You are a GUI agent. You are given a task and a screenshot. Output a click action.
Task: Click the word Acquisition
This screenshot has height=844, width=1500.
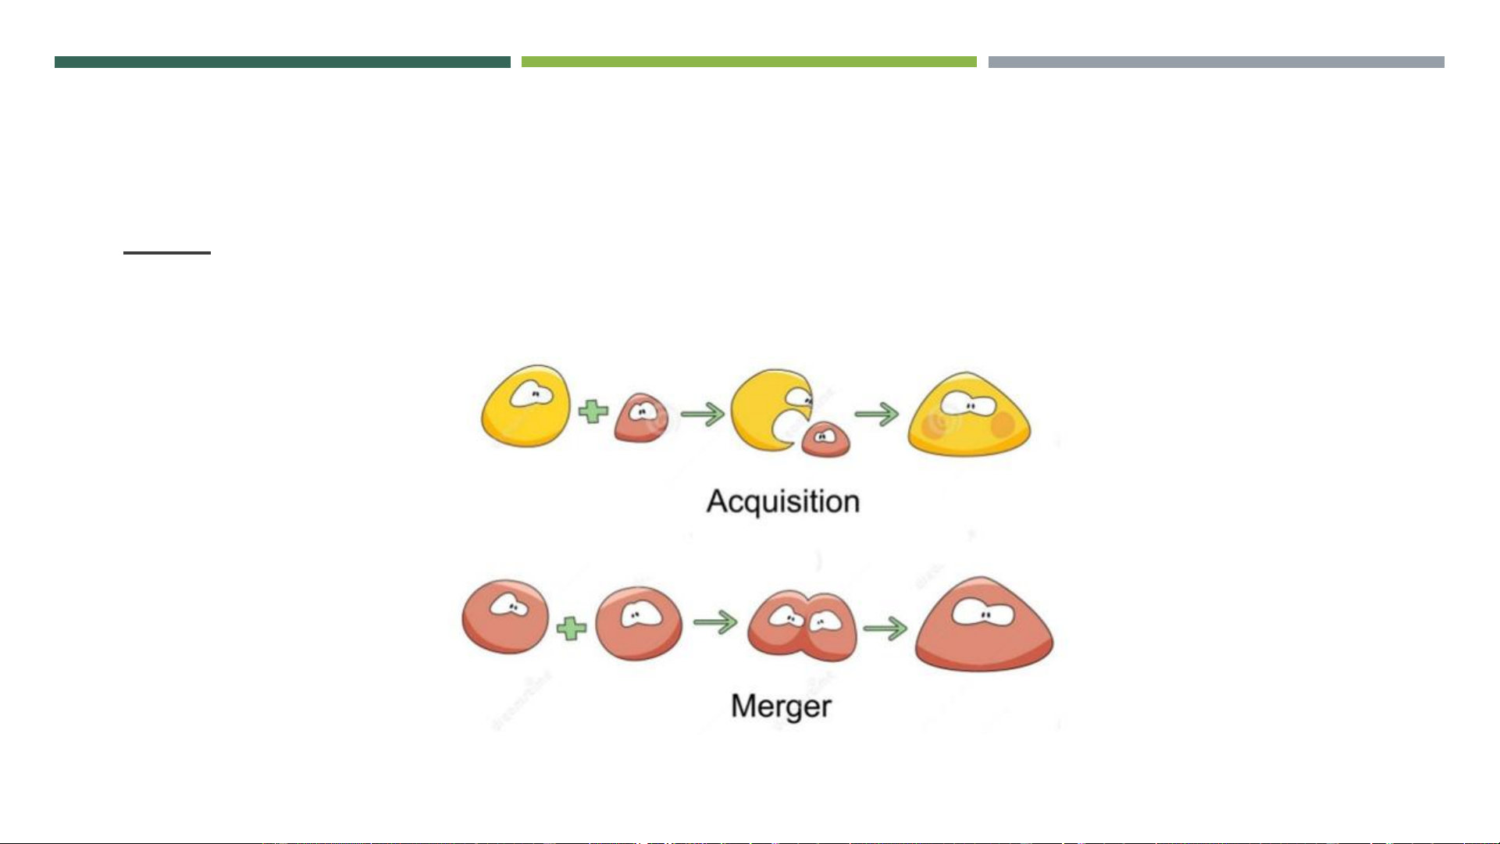[782, 501]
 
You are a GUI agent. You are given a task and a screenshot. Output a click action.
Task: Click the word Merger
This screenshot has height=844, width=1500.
[781, 707]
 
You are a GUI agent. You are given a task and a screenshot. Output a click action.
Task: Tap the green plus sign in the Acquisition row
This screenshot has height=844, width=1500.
[593, 411]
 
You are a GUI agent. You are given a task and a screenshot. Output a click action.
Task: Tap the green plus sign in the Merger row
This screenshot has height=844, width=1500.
[572, 628]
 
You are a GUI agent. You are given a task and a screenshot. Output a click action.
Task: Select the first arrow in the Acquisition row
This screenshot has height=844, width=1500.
[702, 414]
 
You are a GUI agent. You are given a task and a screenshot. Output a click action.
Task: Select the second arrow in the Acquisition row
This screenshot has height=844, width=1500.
[876, 414]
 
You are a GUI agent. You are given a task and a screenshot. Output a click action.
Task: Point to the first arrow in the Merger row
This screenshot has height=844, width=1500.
[715, 622]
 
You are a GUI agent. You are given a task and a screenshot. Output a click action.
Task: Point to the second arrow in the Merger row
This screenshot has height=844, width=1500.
[885, 628]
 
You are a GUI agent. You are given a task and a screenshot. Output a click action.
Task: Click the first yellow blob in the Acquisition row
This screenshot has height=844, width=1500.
[526, 407]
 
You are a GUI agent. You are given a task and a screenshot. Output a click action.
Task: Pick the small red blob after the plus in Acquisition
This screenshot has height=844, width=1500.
[641, 418]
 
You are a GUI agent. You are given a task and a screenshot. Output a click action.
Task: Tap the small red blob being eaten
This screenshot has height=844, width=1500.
[825, 439]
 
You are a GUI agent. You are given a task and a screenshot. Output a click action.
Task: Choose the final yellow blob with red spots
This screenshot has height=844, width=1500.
[968, 416]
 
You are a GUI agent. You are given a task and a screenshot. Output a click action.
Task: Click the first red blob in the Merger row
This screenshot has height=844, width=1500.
[505, 617]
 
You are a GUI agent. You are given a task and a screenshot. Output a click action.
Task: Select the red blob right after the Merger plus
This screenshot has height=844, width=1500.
[638, 623]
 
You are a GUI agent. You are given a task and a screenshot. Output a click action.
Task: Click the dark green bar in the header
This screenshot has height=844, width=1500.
[282, 62]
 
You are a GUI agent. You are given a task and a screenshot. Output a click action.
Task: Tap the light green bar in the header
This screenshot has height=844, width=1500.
[749, 62]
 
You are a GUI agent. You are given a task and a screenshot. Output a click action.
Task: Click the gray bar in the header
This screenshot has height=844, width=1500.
[1216, 62]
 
